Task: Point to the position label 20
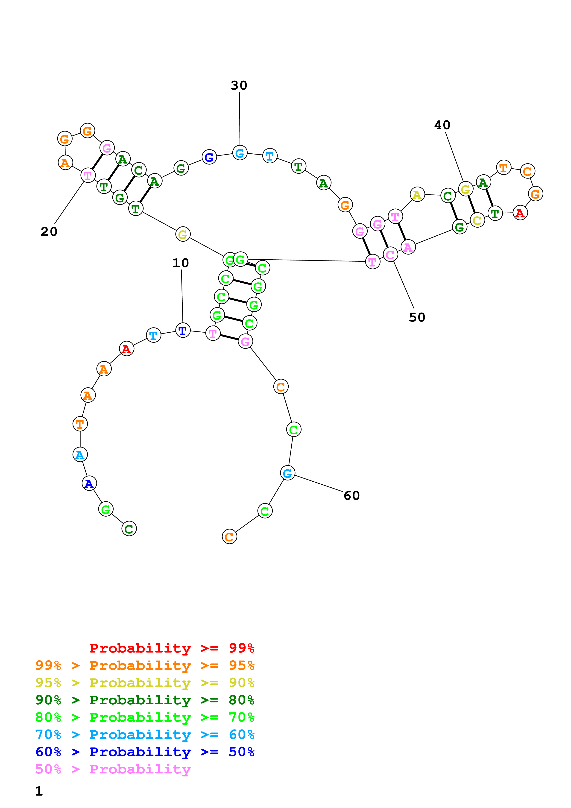[49, 231]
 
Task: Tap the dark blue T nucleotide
[183, 331]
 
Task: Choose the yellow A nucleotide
[417, 194]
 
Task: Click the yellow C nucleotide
[477, 221]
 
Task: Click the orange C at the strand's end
[229, 537]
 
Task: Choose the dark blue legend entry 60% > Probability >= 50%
[145, 752]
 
